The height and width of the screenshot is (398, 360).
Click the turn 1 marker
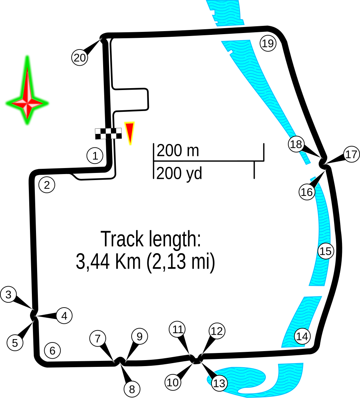click(x=95, y=155)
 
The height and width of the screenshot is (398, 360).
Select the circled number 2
click(x=47, y=185)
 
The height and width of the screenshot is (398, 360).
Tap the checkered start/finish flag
click(x=108, y=134)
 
